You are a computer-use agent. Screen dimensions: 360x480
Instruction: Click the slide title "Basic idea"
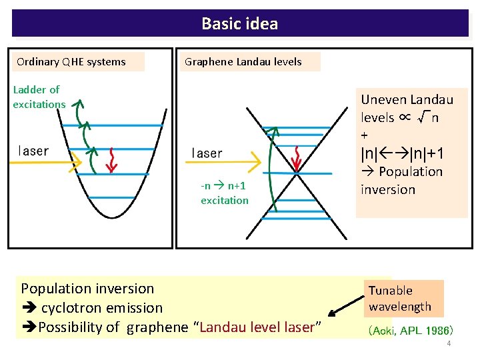tap(240, 24)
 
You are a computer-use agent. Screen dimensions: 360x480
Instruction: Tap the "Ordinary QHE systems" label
tap(71, 62)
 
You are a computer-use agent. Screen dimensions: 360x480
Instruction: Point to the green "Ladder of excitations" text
tap(38, 97)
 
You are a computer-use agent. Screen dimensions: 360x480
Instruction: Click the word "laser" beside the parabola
tap(33, 151)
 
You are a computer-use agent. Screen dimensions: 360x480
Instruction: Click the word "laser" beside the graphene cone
tap(207, 153)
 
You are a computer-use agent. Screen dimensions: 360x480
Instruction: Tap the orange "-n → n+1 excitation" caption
tap(224, 193)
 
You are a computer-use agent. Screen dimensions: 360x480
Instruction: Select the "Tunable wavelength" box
tap(400, 299)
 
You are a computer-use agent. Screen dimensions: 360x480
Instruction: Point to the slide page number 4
tap(449, 343)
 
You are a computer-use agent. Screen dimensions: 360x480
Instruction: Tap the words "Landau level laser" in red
tap(257, 327)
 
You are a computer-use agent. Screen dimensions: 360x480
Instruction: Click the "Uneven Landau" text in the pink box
tap(407, 100)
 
